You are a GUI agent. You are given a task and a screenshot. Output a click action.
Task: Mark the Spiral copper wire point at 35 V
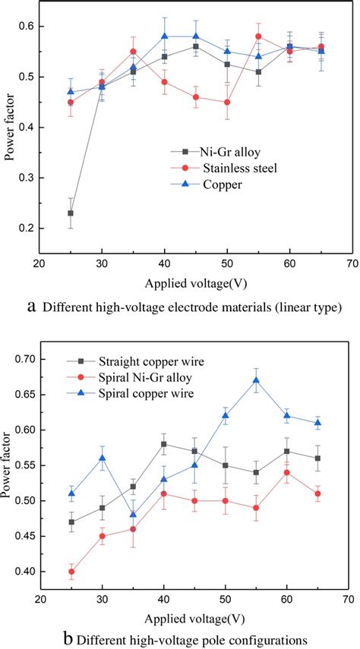tap(134, 515)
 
